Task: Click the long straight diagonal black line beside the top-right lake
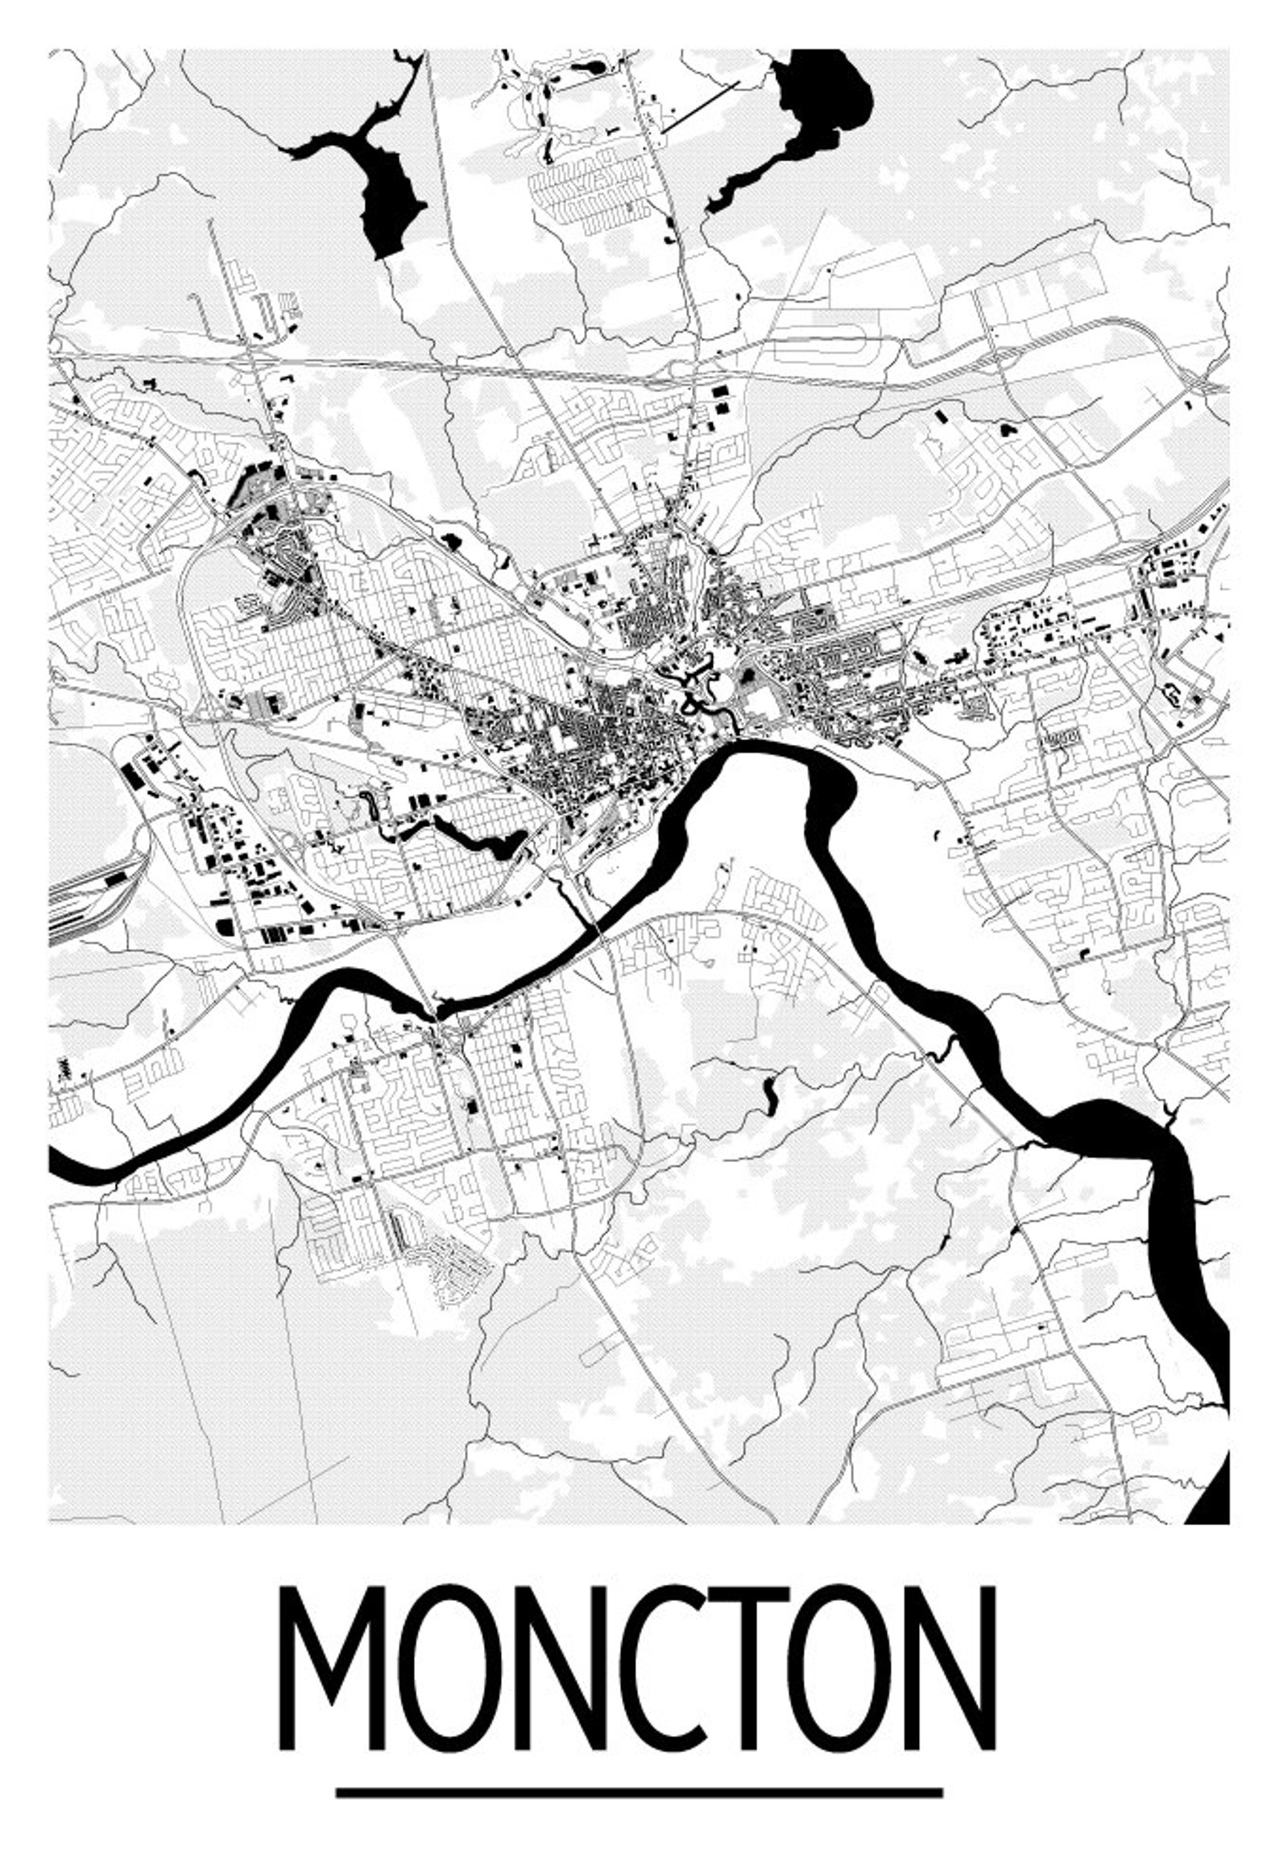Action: coord(700,105)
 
